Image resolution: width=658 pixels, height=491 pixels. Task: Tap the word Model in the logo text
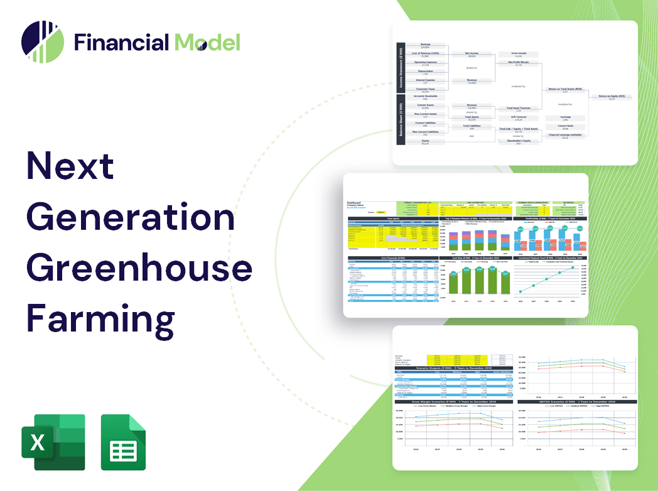click(x=207, y=43)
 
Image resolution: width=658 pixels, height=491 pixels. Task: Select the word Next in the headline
click(x=70, y=166)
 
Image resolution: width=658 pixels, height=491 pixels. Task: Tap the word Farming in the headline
click(x=100, y=317)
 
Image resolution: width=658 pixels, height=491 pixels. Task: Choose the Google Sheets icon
click(x=124, y=442)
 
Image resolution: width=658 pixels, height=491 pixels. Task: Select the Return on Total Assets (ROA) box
click(x=565, y=90)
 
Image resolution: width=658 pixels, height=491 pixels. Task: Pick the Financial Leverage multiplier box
click(x=565, y=136)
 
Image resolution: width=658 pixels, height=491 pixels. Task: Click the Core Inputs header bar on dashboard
click(x=393, y=219)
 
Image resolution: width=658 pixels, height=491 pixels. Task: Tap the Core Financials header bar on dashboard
click(x=393, y=258)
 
